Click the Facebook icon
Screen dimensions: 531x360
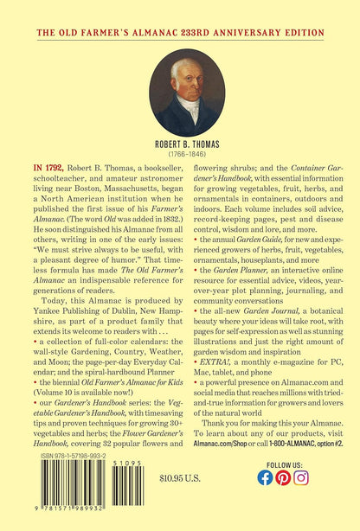265,502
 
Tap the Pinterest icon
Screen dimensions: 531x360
283,502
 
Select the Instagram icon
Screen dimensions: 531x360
301,502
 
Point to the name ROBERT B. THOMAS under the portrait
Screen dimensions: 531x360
180,147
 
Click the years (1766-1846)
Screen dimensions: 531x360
180,157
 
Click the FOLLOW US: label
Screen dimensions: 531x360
283,486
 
